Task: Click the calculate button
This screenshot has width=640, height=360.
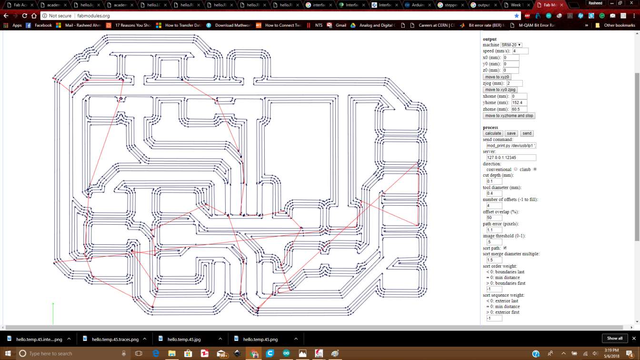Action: pos(493,133)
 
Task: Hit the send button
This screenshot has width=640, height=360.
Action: pos(527,133)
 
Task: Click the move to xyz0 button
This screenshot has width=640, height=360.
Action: pos(497,77)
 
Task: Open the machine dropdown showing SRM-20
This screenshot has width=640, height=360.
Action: pos(511,45)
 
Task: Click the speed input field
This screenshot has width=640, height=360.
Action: pos(520,51)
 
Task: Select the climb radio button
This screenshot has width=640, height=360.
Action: pos(535,169)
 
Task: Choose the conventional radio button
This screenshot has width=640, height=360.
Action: pos(516,169)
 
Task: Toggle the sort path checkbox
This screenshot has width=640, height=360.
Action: pos(505,248)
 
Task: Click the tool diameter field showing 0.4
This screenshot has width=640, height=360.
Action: pos(494,193)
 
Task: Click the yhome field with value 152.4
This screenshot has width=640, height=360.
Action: pos(519,102)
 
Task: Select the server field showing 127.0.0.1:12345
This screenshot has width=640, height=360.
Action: pos(510,157)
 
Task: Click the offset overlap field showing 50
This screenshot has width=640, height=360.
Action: pos(494,218)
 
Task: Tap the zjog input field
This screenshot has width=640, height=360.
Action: pos(514,83)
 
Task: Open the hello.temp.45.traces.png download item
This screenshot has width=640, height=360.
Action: pos(115,339)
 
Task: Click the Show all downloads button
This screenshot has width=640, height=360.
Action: pos(614,338)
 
